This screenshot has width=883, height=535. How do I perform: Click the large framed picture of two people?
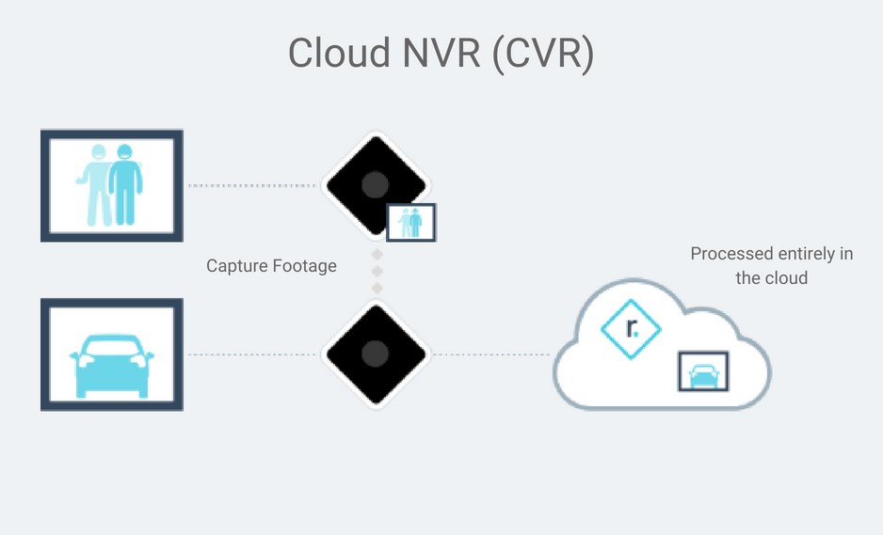[111, 185]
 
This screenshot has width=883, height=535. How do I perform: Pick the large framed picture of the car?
[111, 354]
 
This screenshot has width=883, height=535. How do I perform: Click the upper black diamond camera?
[375, 183]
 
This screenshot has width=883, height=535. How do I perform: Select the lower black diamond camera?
[375, 354]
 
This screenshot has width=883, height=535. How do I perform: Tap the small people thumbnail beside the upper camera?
[411, 222]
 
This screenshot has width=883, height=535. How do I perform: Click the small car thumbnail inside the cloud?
[702, 372]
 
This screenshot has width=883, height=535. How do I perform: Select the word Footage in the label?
[305, 266]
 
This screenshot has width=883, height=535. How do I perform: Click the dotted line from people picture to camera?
[252, 185]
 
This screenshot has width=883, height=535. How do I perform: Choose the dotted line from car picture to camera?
[252, 354]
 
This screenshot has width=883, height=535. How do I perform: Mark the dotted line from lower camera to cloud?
[490, 354]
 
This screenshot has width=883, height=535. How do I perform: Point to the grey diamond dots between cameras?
[376, 271]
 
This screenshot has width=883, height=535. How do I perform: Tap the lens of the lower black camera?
[375, 354]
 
